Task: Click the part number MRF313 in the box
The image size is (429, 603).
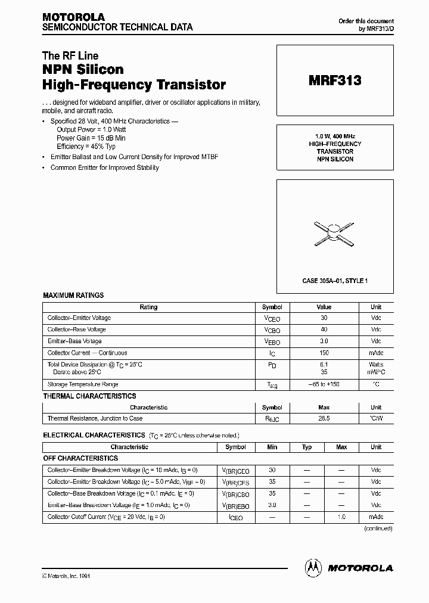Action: (x=335, y=81)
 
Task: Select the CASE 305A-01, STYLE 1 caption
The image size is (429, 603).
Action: (x=335, y=280)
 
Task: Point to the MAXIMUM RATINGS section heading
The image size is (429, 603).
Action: (x=73, y=296)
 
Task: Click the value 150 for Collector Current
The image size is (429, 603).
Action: (x=324, y=353)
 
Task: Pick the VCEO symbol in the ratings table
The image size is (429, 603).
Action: (x=272, y=319)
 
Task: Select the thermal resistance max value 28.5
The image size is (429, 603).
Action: (x=324, y=419)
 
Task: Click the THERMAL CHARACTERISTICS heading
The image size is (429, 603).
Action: (x=89, y=396)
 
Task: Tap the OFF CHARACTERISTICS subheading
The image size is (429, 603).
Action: (x=80, y=459)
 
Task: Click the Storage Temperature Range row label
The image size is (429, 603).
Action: (x=83, y=385)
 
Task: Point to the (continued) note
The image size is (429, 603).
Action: (x=378, y=529)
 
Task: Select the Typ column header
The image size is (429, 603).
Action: (x=307, y=447)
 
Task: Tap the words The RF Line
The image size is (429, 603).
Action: (x=70, y=56)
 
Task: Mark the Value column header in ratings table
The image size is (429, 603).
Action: (x=324, y=307)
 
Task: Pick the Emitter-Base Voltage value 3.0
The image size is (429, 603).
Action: (x=324, y=341)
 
